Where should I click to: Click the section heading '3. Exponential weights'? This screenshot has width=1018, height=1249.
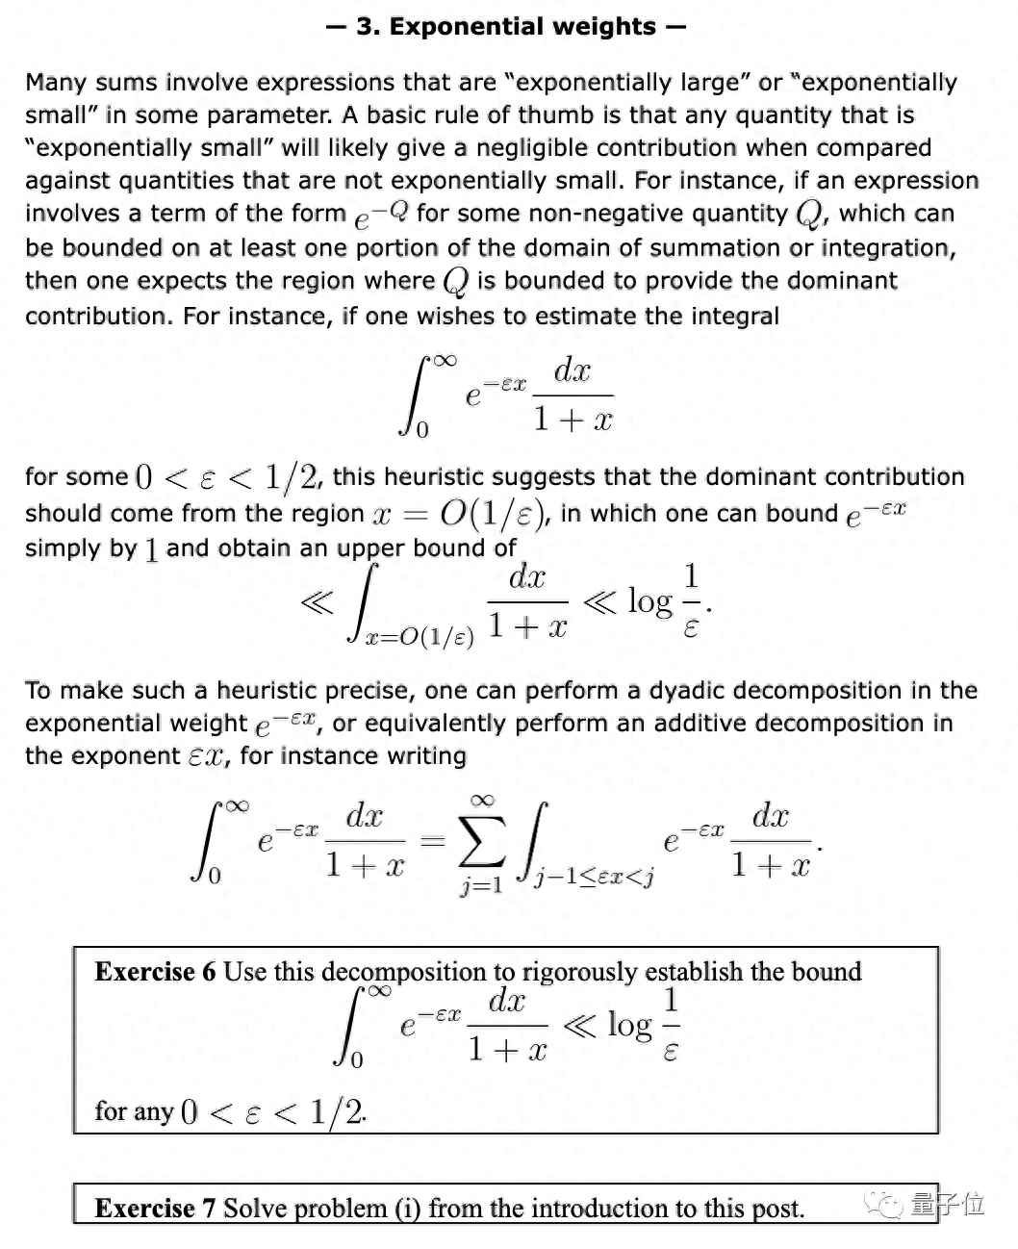pos(506,26)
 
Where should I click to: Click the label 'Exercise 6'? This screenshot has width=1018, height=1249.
pos(155,971)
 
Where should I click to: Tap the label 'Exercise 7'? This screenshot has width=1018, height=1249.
pos(155,1208)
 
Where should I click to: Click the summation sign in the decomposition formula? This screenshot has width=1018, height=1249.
pos(481,843)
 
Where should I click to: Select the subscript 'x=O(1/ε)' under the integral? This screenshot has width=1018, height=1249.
pos(420,638)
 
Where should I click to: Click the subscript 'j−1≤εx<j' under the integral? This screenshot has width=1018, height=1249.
pos(597,877)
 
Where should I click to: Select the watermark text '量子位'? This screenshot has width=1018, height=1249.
pos(948,1204)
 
